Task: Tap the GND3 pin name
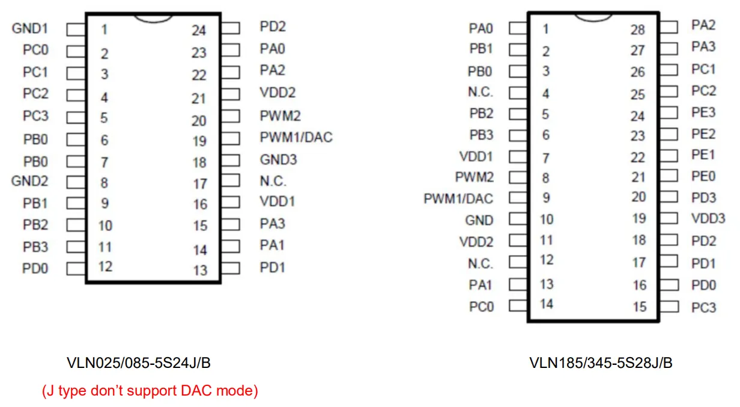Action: pyautogui.click(x=278, y=160)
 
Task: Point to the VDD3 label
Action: pyautogui.click(x=708, y=218)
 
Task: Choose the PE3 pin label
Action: pyautogui.click(x=703, y=112)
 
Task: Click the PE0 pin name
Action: pyautogui.click(x=703, y=176)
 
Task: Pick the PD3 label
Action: pyautogui.click(x=703, y=197)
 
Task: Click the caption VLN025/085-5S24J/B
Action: pyautogui.click(x=139, y=363)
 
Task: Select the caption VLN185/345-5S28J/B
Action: pyautogui.click(x=601, y=363)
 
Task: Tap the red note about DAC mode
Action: pyautogui.click(x=150, y=391)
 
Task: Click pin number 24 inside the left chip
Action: pyautogui.click(x=199, y=31)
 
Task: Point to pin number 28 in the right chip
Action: pyautogui.click(x=638, y=29)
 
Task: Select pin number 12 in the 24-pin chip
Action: pyautogui.click(x=105, y=266)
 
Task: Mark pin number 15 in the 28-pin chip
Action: pyautogui.click(x=640, y=307)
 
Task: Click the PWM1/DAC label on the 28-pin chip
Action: pyautogui.click(x=458, y=198)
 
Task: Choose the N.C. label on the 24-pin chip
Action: pyautogui.click(x=273, y=181)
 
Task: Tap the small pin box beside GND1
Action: pyautogui.click(x=75, y=29)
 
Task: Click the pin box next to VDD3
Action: pyautogui.click(x=669, y=218)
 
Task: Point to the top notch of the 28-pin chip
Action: pyautogui.click(x=593, y=16)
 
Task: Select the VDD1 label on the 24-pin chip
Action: pyautogui.click(x=277, y=201)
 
